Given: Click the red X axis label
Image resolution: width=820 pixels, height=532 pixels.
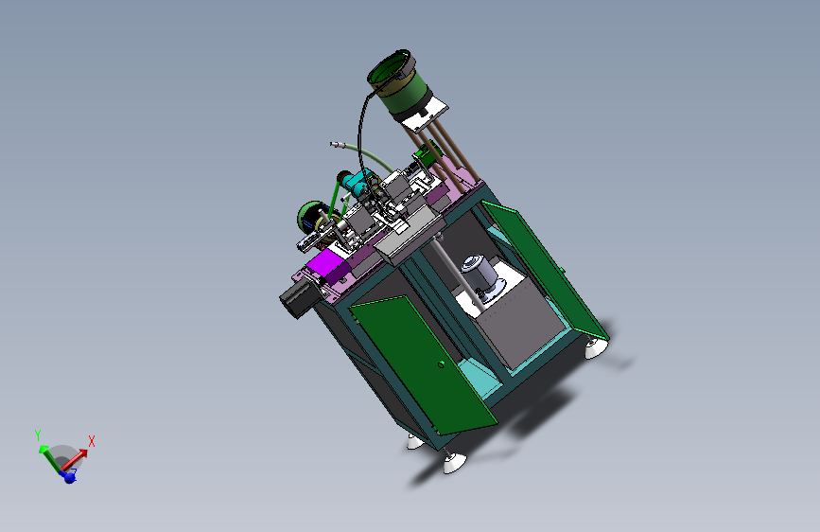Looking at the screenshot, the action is point(92,441).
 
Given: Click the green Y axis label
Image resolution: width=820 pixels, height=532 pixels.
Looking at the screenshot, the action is point(38,435).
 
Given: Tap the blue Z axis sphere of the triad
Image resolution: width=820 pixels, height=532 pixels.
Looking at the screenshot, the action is point(69,477).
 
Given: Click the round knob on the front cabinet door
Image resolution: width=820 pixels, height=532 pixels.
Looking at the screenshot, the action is point(441,364).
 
